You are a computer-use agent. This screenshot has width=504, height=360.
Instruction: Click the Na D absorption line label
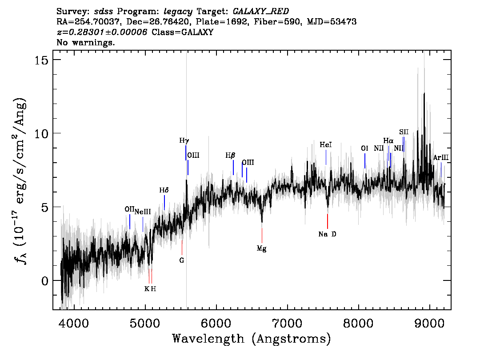tap(327, 234)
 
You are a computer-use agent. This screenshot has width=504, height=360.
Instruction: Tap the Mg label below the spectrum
tap(261, 249)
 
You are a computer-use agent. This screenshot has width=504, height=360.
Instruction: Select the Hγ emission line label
tap(184, 141)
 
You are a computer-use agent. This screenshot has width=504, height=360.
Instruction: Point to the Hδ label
tap(164, 190)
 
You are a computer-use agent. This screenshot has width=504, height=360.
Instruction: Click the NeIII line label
tap(142, 212)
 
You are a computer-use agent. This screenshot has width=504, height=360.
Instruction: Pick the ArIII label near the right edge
tap(441, 157)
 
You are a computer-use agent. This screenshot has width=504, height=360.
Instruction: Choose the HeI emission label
tap(326, 145)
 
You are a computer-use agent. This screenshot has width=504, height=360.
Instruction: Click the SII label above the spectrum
tap(404, 132)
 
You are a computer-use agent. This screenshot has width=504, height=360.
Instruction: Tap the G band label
tap(182, 260)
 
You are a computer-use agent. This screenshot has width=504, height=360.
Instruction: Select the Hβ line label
tap(230, 156)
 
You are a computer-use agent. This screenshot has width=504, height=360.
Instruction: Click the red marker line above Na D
tap(328, 221)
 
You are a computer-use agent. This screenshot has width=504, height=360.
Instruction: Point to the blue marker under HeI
tap(326, 157)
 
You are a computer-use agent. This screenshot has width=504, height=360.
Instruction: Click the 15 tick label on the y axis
tap(42, 60)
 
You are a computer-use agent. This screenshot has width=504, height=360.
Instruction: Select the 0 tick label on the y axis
tap(45, 281)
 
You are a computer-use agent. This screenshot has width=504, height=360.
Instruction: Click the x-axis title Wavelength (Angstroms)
tap(252, 339)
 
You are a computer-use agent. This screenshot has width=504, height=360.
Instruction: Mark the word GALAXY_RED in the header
tap(261, 12)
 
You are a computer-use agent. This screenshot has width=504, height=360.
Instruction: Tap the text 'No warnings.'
tap(85, 42)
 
